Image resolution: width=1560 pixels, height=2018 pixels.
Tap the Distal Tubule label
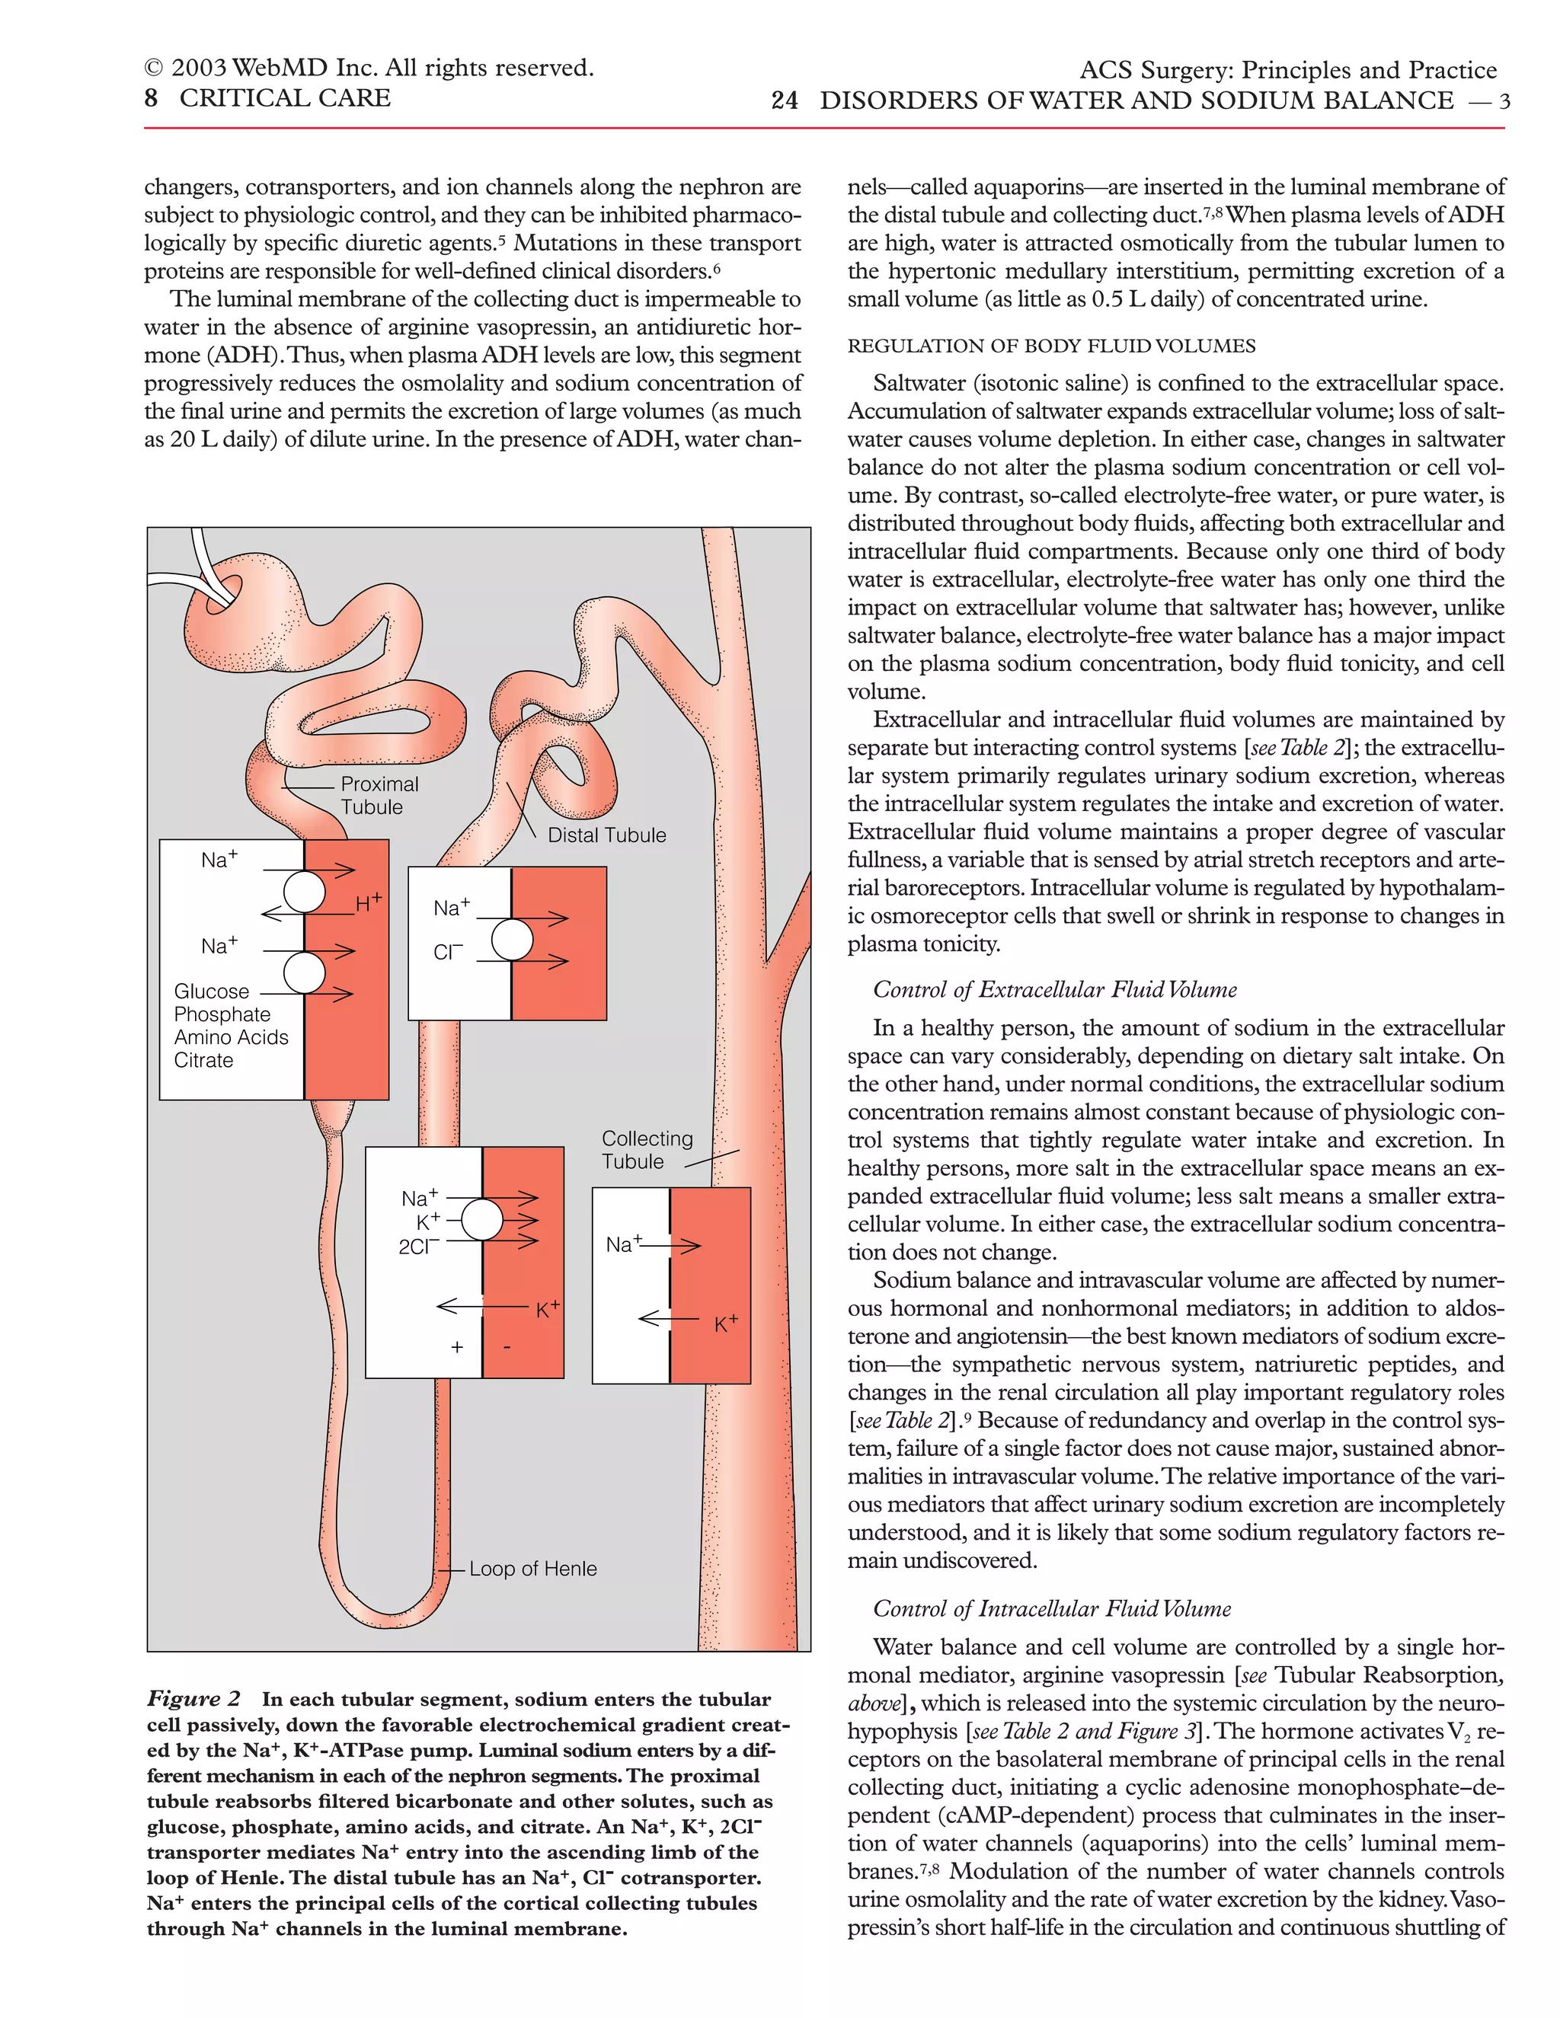[606, 835]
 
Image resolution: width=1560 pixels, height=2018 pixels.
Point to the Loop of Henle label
[532, 1569]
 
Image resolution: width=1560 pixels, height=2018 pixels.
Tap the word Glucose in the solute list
[212, 991]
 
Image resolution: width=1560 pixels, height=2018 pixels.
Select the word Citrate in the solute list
[203, 1061]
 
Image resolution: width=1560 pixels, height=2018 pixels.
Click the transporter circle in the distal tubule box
[512, 940]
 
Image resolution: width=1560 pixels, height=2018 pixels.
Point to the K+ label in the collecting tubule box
[725, 1324]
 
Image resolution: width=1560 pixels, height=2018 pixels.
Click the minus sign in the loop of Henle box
[507, 1348]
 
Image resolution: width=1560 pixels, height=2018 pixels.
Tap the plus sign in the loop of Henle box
[456, 1348]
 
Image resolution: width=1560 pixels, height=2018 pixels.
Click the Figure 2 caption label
[193, 1699]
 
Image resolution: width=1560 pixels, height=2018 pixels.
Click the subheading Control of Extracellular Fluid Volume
[1054, 990]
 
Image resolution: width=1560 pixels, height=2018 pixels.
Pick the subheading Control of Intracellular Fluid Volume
[1052, 1608]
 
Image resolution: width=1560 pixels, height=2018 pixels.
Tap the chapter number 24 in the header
[784, 101]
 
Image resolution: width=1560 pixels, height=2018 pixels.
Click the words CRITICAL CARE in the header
[285, 98]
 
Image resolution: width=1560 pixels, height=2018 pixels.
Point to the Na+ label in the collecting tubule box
[623, 1244]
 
